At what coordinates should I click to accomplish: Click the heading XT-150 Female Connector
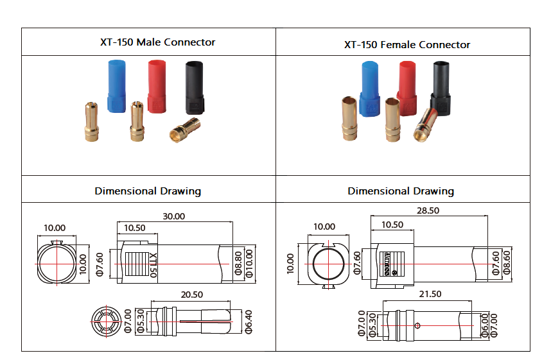[x=407, y=45]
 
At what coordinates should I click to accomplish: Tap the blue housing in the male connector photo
[x=116, y=86]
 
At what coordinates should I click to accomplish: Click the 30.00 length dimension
[x=173, y=217]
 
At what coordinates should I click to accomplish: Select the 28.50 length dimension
[x=428, y=210]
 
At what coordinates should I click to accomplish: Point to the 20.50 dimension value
[x=192, y=294]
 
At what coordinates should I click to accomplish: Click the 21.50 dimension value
[x=430, y=294]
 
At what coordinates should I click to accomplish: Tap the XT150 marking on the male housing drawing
[x=153, y=264]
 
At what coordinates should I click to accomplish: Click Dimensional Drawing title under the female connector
[x=401, y=191]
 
